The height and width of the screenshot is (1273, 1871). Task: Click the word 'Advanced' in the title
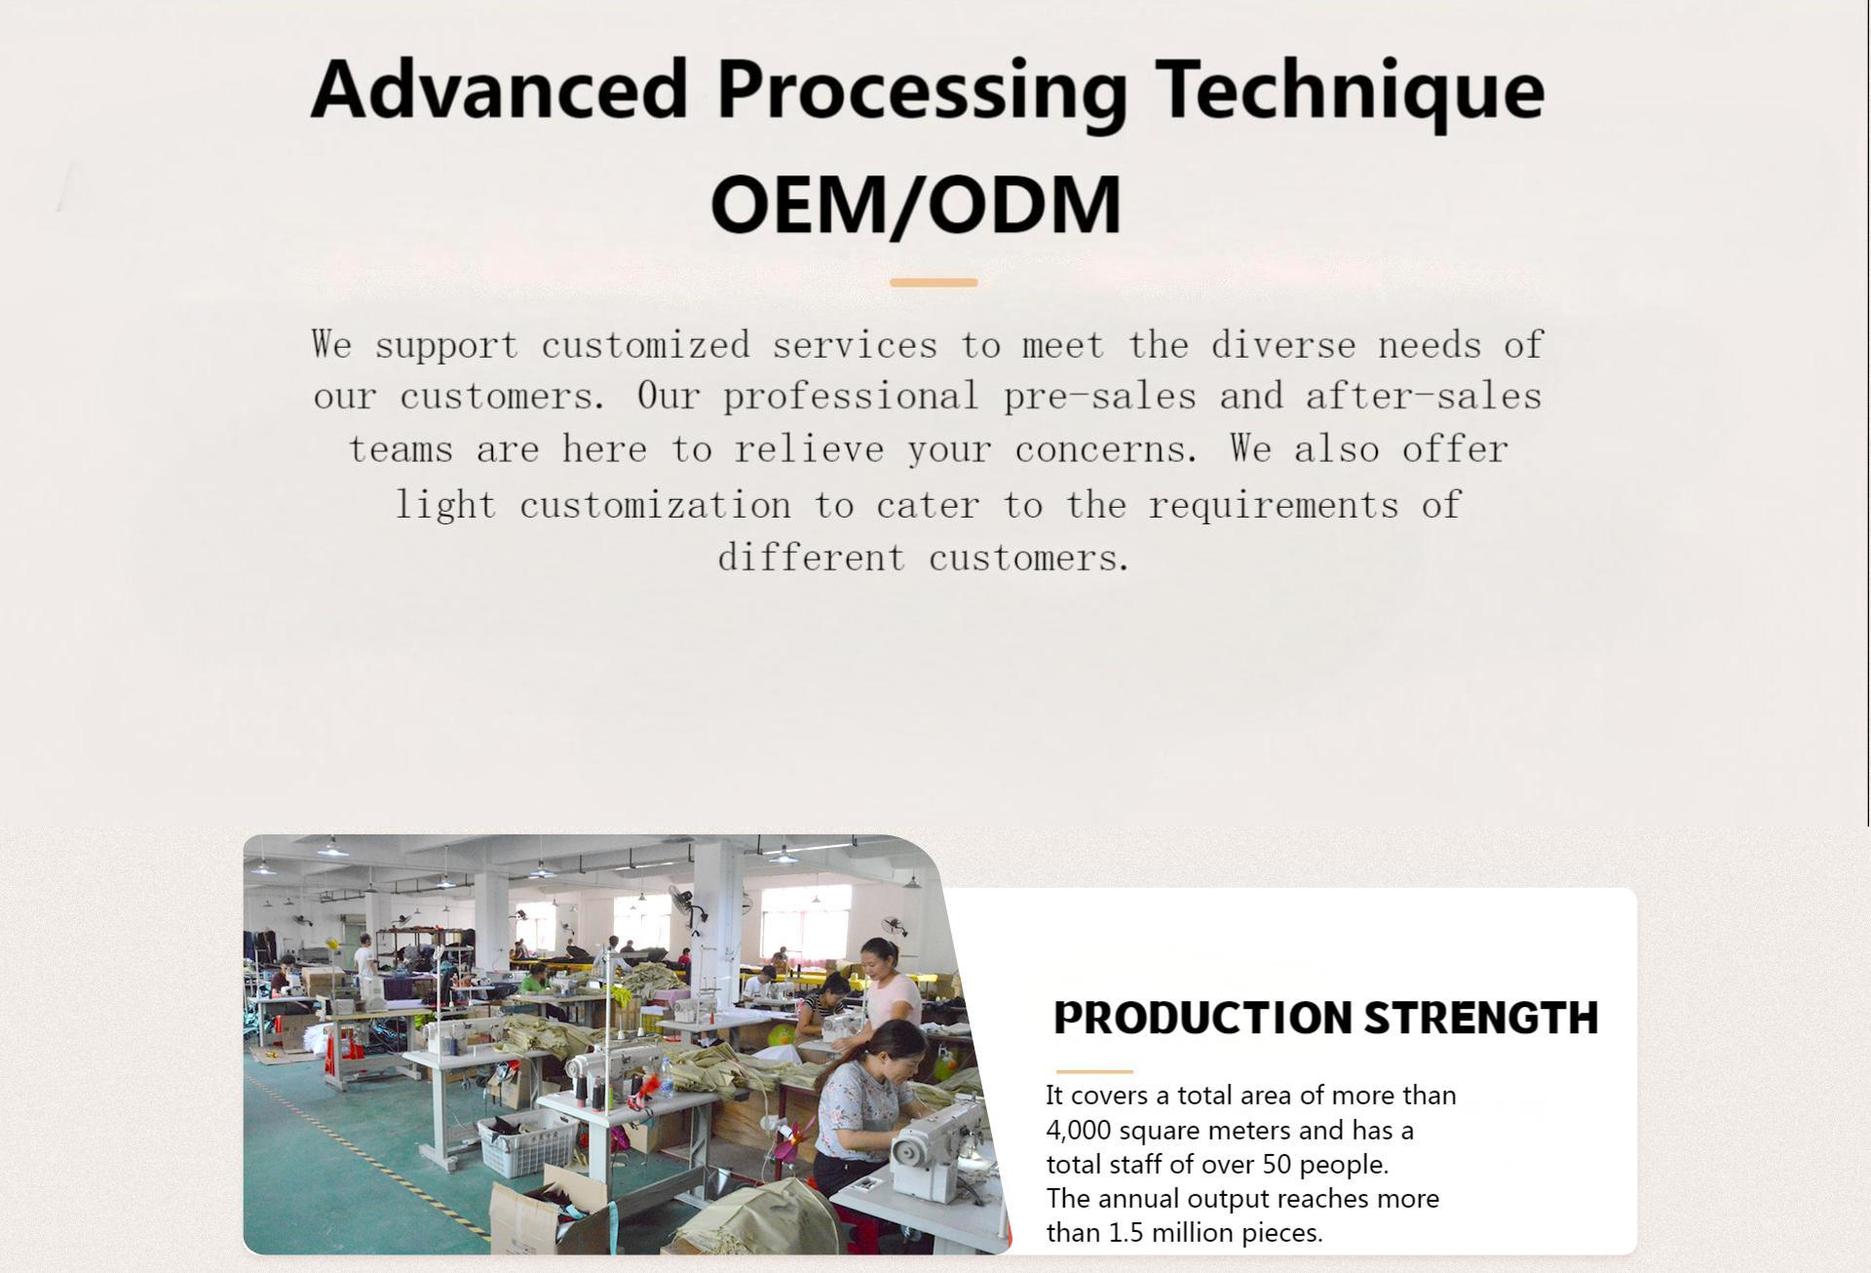499,89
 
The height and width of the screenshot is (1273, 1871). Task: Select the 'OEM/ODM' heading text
916,204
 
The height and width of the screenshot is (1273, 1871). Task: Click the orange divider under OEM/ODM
934,283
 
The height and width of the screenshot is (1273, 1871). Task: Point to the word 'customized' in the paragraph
645,345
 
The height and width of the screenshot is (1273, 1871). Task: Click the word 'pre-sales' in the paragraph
1100,398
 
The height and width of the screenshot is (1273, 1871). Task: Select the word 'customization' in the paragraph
655,505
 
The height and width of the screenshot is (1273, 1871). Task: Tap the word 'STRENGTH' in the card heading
1481,1018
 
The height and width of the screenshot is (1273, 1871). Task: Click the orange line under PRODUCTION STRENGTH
1093,1071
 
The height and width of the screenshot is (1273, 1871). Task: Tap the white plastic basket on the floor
526,1139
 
